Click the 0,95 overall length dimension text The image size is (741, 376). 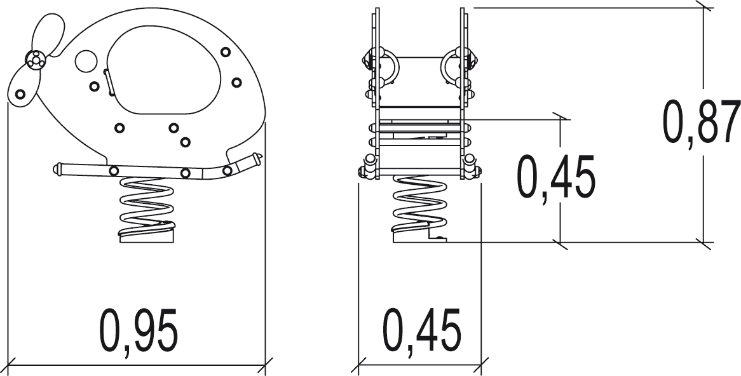139,331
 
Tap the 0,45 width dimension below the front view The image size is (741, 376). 422,330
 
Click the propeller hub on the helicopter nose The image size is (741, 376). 34,60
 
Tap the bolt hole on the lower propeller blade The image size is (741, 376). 20,94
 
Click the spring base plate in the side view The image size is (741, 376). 147,236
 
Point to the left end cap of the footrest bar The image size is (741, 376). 57,169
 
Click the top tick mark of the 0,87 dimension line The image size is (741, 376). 704,8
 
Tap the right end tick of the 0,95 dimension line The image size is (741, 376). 265,366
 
